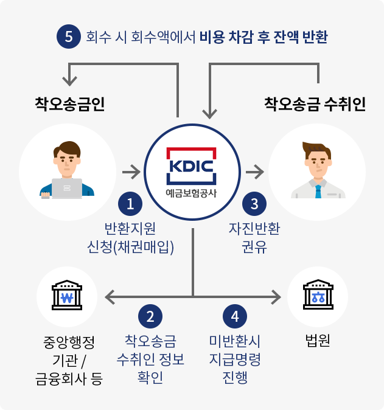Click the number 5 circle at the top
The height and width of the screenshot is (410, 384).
(x=68, y=37)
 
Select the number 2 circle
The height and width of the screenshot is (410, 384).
(x=150, y=316)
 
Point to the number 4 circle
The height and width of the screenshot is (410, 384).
(x=235, y=316)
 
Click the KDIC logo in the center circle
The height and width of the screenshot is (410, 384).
(x=191, y=165)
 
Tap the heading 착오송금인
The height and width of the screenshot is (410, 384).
(x=70, y=103)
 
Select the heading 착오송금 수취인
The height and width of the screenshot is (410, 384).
(x=315, y=103)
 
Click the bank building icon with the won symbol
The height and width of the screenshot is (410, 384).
(x=68, y=296)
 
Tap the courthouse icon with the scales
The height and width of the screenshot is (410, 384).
(x=317, y=296)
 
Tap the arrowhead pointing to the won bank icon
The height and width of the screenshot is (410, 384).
(x=110, y=297)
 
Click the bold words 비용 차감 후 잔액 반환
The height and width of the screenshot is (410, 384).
(x=264, y=37)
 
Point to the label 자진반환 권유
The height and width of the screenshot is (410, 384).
(x=254, y=238)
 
